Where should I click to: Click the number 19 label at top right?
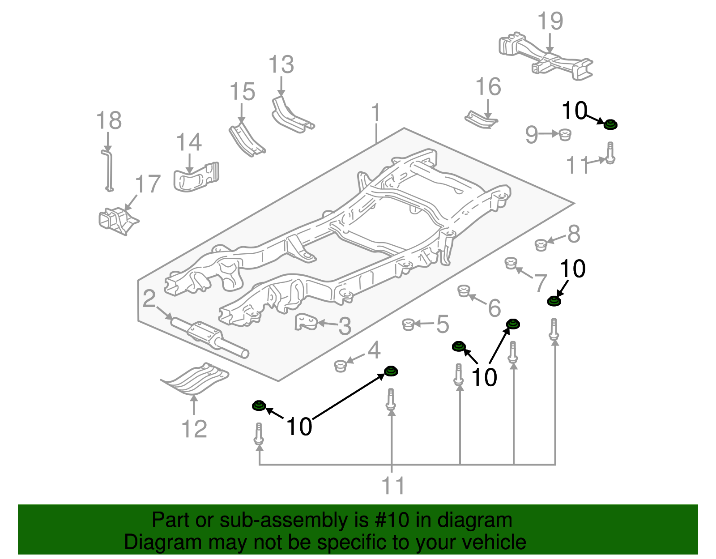550,21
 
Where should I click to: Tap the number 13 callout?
281,65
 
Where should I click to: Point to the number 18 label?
109,121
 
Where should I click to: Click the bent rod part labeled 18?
109,170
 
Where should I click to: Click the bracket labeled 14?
196,177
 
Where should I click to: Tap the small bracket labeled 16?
482,120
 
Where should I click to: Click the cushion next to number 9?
565,134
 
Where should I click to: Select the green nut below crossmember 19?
610,124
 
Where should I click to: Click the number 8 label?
574,234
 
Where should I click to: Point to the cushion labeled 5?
408,324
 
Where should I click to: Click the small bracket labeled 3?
306,322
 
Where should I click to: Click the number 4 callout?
374,350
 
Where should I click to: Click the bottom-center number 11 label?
393,486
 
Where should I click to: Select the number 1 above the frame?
375,112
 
